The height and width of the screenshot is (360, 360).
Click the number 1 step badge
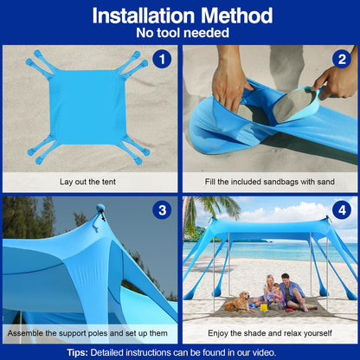[160, 59]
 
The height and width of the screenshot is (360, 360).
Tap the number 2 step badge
[341, 59]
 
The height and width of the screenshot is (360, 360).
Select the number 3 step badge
[160, 210]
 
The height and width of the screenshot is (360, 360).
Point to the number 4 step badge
[341, 210]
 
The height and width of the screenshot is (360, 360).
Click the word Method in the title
[233, 16]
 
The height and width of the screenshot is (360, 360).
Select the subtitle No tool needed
[180, 33]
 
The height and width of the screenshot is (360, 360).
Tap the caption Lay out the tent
[88, 183]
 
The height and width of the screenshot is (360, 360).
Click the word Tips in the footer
[80, 352]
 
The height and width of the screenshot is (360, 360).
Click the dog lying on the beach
[235, 302]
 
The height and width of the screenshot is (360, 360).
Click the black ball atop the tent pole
[100, 208]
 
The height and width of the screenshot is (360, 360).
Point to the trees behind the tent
[26, 220]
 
